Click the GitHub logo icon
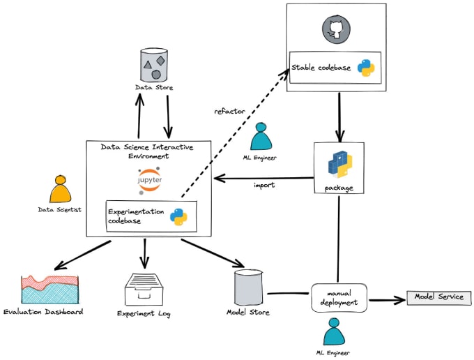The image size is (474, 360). pyautogui.click(x=336, y=30)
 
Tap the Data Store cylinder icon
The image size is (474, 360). pyautogui.click(x=153, y=65)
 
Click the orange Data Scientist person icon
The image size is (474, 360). pyautogui.click(x=60, y=189)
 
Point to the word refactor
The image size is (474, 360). pyautogui.click(x=229, y=111)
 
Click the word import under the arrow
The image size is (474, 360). pyautogui.click(x=265, y=186)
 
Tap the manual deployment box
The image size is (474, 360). pyautogui.click(x=338, y=298)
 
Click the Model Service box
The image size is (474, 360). pyautogui.click(x=438, y=298)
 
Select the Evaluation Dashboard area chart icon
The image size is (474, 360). pyautogui.click(x=52, y=289)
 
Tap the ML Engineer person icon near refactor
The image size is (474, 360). pyautogui.click(x=262, y=137)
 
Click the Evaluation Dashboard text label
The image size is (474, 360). pyautogui.click(x=43, y=311)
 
